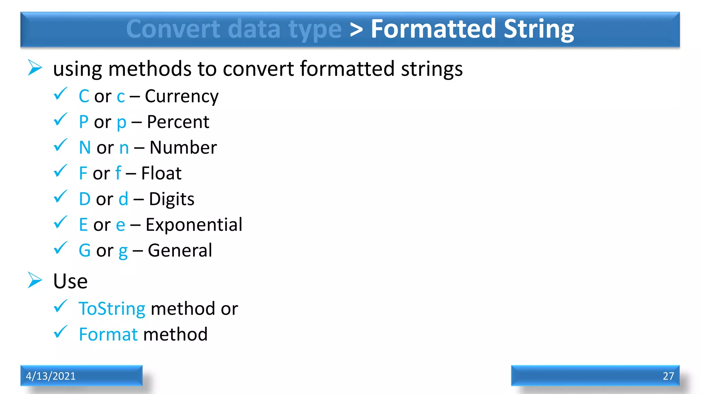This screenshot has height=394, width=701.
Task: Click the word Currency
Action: tap(181, 96)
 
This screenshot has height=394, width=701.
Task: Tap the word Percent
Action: tap(178, 122)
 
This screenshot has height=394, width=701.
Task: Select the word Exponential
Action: tap(194, 225)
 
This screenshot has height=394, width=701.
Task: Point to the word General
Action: tap(180, 251)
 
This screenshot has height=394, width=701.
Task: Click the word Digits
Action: tap(171, 199)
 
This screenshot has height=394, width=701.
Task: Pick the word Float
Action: tap(161, 173)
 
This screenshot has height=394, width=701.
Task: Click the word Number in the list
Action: tap(183, 148)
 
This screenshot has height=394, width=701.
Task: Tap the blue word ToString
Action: tap(112, 309)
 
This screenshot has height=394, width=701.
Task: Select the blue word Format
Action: tap(108, 334)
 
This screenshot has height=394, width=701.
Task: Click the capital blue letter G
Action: tap(85, 251)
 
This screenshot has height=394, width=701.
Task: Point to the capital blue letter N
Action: tap(85, 148)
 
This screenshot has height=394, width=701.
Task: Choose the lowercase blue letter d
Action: tap(123, 199)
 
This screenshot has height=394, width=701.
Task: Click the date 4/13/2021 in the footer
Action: tap(51, 376)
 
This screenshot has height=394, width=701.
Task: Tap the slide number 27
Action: tap(668, 376)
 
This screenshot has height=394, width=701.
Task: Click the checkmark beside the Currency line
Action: tap(61, 94)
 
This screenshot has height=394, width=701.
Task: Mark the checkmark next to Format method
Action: tap(61, 332)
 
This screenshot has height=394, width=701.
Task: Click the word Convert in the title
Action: tap(173, 29)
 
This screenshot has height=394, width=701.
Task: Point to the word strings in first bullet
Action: tap(432, 69)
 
